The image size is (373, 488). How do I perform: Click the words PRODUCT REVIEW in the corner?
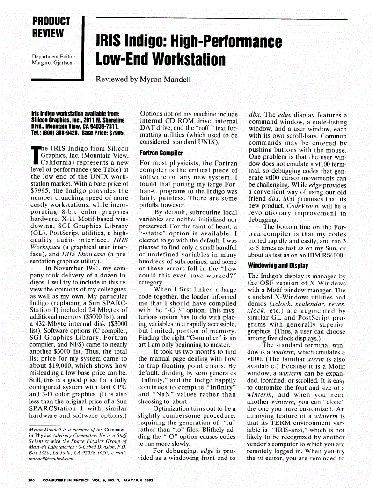click(51, 27)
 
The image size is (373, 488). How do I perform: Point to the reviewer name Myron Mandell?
click(164, 79)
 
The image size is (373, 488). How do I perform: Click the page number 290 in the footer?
click(32, 480)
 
